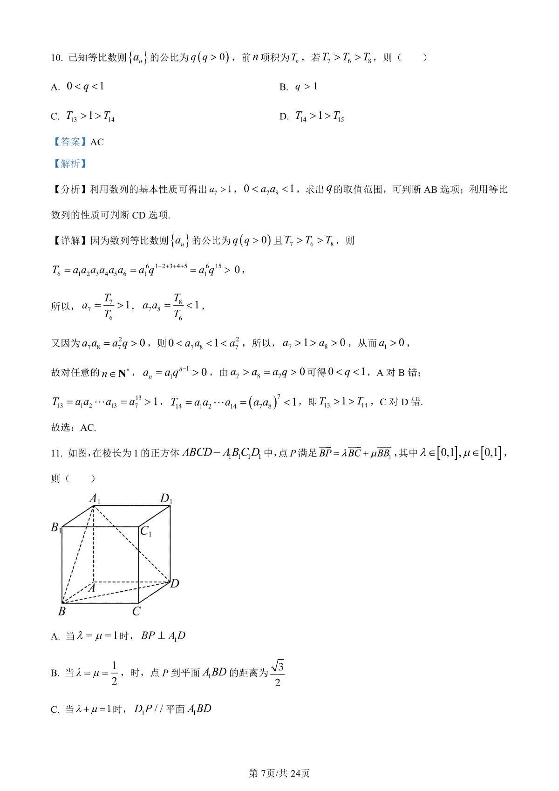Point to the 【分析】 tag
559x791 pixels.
[69, 190]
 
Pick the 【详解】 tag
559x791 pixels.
[69, 241]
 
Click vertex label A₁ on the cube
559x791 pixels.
[95, 499]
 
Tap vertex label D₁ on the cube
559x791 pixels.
[166, 499]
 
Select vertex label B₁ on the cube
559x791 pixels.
[56, 528]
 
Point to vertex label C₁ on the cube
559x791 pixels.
[146, 531]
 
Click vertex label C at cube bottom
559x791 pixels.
[136, 611]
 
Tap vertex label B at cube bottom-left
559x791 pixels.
[62, 611]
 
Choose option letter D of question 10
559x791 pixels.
[284, 117]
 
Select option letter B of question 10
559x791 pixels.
[284, 88]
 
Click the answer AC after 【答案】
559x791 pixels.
[97, 142]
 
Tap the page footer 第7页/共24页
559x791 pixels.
[279, 774]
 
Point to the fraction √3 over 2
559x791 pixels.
[278, 674]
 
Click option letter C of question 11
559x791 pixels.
[55, 710]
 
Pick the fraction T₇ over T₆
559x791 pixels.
[108, 307]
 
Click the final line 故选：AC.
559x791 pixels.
[74, 428]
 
